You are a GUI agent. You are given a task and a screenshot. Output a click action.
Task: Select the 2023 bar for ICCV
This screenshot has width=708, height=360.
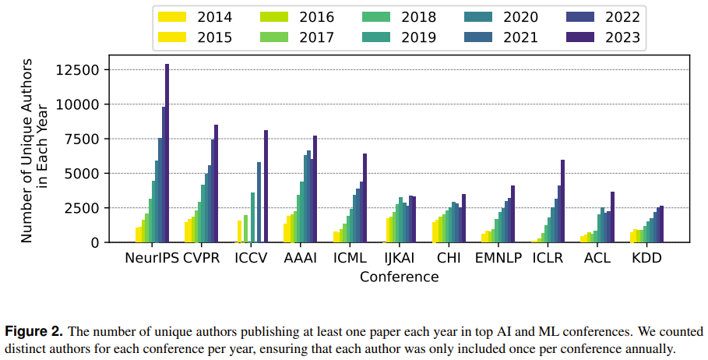click(x=266, y=186)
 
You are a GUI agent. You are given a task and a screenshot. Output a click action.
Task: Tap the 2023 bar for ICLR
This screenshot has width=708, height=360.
click(x=562, y=201)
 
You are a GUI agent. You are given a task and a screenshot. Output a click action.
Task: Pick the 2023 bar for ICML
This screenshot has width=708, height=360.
click(x=365, y=198)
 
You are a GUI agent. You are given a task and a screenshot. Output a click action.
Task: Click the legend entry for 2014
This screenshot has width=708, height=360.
click(x=195, y=17)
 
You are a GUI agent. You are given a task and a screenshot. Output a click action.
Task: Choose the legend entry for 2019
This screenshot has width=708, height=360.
click(x=399, y=37)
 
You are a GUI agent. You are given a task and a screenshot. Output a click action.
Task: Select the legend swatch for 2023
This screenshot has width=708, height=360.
click(x=580, y=37)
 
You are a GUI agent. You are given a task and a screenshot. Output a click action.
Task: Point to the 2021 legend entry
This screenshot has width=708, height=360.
click(x=501, y=37)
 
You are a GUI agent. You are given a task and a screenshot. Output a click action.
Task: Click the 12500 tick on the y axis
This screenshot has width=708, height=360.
click(x=76, y=70)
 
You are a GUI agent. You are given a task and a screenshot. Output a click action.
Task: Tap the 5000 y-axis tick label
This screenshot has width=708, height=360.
click(x=82, y=174)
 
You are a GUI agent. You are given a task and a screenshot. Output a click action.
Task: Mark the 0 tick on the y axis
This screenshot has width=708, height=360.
click(x=95, y=242)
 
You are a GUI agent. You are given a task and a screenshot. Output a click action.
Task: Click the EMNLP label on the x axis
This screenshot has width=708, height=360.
click(x=498, y=258)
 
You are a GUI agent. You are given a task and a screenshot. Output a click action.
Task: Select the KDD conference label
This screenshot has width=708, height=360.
click(x=646, y=258)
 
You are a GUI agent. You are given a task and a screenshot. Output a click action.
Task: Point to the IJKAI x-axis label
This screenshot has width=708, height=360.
click(x=400, y=258)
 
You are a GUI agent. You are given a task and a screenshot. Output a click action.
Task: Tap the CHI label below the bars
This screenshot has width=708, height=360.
click(x=449, y=258)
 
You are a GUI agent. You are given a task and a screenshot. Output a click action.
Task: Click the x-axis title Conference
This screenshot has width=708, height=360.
click(x=399, y=277)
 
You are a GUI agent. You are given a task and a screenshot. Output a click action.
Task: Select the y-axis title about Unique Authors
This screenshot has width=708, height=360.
click(x=34, y=150)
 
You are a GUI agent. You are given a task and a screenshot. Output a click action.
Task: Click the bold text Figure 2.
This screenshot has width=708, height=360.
click(x=33, y=332)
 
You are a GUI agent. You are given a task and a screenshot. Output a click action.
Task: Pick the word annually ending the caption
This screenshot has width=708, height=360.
click(x=650, y=350)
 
